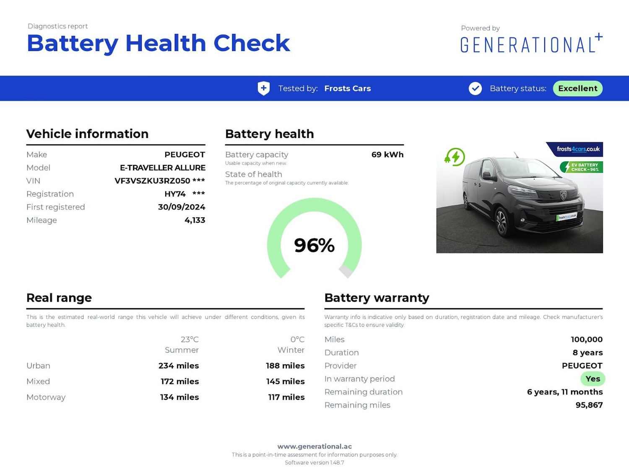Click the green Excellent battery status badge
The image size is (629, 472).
click(577, 89)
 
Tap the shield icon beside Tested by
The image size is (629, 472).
click(263, 89)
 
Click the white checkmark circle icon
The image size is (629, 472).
click(475, 89)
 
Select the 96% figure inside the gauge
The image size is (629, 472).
click(314, 245)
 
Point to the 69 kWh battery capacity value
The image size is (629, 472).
click(387, 154)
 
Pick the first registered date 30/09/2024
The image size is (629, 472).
click(182, 207)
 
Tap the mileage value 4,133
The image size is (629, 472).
click(195, 220)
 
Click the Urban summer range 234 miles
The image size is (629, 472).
click(179, 366)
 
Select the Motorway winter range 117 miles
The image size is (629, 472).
click(286, 397)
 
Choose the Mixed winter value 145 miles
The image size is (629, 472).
click(285, 381)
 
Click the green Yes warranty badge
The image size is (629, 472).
click(593, 379)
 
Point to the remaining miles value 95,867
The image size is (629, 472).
click(589, 405)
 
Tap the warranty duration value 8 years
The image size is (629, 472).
click(587, 353)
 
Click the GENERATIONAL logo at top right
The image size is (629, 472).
click(531, 44)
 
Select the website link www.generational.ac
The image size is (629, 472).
click(314, 446)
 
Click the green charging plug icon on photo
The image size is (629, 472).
click(455, 157)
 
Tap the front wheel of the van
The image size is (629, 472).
click(501, 222)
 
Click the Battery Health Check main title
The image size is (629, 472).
click(158, 43)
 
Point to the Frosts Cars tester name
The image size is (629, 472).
click(347, 89)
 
